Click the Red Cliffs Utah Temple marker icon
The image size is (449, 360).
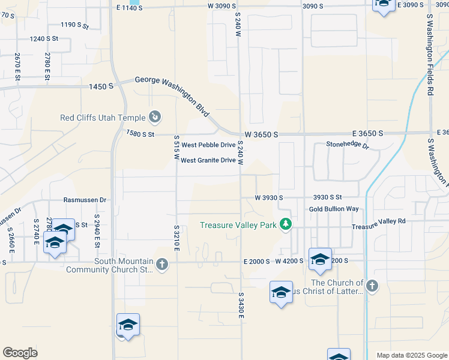155,117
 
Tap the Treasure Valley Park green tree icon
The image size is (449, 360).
286,225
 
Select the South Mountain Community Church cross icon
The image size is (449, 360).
161,264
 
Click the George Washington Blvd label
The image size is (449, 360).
172,95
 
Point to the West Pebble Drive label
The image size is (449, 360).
209,145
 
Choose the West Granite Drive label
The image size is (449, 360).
208,160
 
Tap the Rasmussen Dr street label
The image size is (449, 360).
85,200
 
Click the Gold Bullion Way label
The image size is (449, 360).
334,209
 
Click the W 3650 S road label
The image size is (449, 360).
261,135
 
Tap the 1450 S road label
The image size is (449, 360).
101,86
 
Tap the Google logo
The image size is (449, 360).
20,353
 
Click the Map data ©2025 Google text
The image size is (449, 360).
411,355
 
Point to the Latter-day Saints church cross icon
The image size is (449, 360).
372,286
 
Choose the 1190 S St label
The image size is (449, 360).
74,25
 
